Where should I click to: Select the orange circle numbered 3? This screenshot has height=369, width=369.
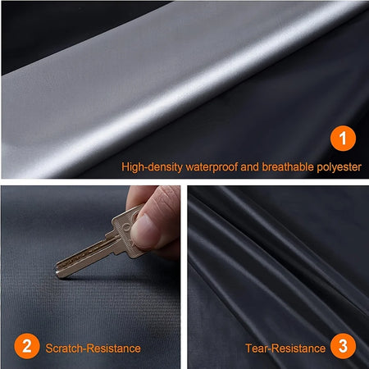pyautogui.click(x=343, y=348)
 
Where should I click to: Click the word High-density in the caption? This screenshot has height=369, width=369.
pyautogui.click(x=149, y=166)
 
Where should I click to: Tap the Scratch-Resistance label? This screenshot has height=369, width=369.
pyautogui.click(x=92, y=348)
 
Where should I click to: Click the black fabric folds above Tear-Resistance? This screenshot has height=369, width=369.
pyautogui.click(x=271, y=262)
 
